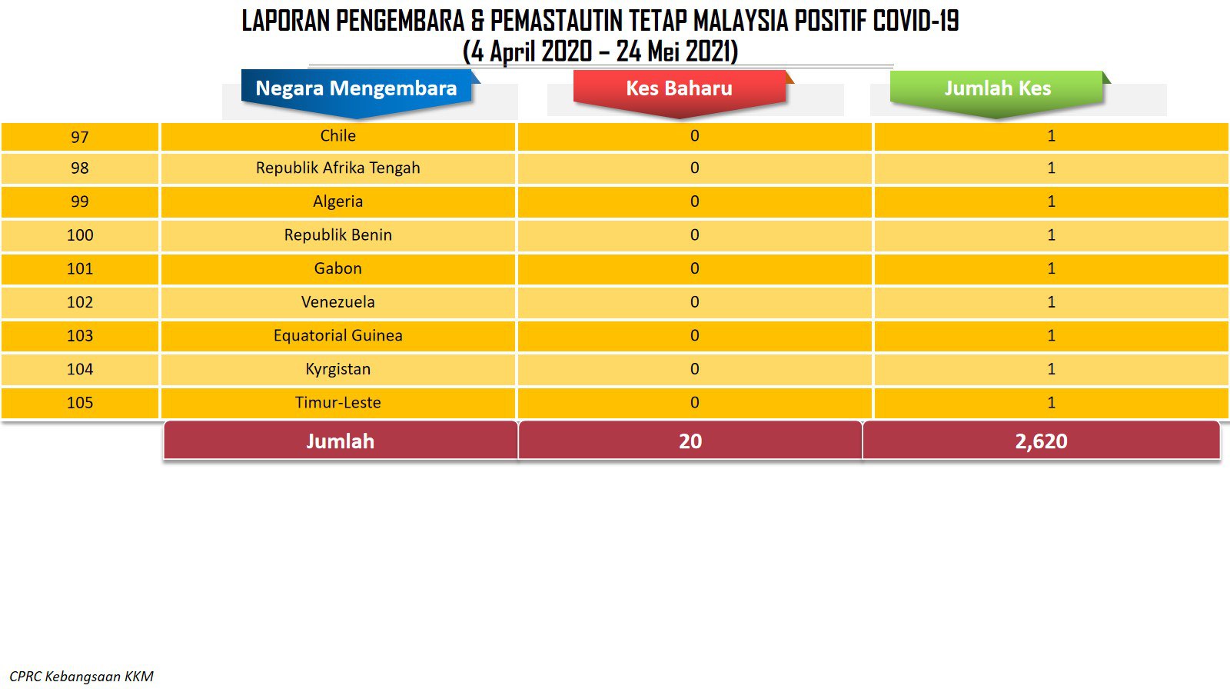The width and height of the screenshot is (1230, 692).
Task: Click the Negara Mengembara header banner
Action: point(357,91)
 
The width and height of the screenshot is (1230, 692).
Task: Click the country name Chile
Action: point(337,135)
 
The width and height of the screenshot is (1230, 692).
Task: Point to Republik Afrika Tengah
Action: point(337,168)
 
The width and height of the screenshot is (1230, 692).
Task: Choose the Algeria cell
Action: point(337,201)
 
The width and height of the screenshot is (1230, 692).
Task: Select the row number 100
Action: point(80,235)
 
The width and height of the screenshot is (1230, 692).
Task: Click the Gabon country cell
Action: point(337,268)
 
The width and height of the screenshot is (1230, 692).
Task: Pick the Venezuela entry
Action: point(337,302)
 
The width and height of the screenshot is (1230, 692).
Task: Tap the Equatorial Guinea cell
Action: point(337,335)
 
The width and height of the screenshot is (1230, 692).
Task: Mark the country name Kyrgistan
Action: point(337,369)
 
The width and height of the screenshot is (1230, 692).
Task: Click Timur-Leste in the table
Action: point(337,403)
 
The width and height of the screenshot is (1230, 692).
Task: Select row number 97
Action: point(80,137)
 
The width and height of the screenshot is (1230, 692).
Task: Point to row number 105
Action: point(80,403)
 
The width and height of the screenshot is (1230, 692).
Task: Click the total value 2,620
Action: point(1041,441)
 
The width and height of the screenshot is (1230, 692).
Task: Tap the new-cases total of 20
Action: point(690,441)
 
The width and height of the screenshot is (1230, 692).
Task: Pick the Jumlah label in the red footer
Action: point(341,441)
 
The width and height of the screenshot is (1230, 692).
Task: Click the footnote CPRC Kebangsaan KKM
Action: point(81,677)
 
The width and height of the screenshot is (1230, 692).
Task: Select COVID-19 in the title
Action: point(916,21)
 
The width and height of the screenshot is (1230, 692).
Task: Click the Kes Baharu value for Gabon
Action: point(695,268)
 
